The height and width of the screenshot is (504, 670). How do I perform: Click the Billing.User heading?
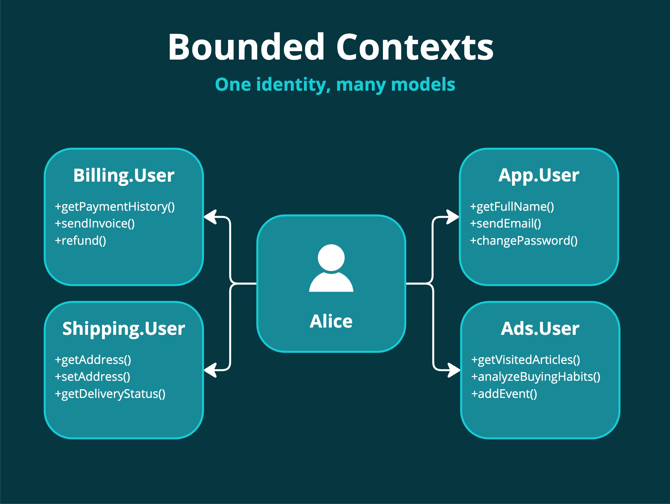click(123, 176)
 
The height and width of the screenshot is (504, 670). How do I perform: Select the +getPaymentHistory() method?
click(115, 207)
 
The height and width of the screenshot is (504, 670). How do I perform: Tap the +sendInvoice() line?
click(95, 224)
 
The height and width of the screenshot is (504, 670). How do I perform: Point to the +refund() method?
click(80, 241)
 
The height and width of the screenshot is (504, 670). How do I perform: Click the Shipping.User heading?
click(123, 328)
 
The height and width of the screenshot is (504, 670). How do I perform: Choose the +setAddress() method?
click(93, 377)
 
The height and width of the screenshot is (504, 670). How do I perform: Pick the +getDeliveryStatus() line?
click(110, 394)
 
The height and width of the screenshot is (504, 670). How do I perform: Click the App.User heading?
click(539, 176)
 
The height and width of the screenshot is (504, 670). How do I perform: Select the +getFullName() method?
click(512, 207)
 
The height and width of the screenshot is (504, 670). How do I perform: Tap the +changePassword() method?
click(524, 241)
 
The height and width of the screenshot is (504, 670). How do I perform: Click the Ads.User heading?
click(540, 328)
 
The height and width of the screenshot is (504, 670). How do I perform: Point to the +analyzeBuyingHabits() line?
click(535, 377)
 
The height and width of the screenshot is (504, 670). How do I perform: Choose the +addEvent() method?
click(504, 394)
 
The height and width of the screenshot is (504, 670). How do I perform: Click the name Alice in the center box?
click(331, 321)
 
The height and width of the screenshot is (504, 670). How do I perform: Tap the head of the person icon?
click(331, 258)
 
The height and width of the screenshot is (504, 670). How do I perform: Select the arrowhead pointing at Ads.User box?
click(454, 370)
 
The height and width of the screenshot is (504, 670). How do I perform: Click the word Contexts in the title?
click(415, 47)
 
